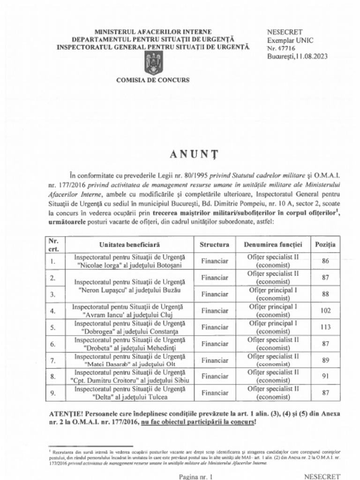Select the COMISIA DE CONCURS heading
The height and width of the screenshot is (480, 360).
pos(153,80)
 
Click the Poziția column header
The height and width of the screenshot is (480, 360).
pos(325,245)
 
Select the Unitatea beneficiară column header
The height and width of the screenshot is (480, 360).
pos(129,245)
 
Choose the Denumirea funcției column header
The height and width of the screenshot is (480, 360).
pos(273,245)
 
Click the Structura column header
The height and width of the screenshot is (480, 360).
pos(214,245)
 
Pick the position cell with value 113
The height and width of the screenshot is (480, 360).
pos(325,327)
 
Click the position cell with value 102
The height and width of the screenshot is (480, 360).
pos(325,310)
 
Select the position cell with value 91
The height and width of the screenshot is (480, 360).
pos(325,376)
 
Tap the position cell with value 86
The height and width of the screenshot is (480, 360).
pos(325,261)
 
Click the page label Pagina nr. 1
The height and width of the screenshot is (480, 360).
pos(196,476)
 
